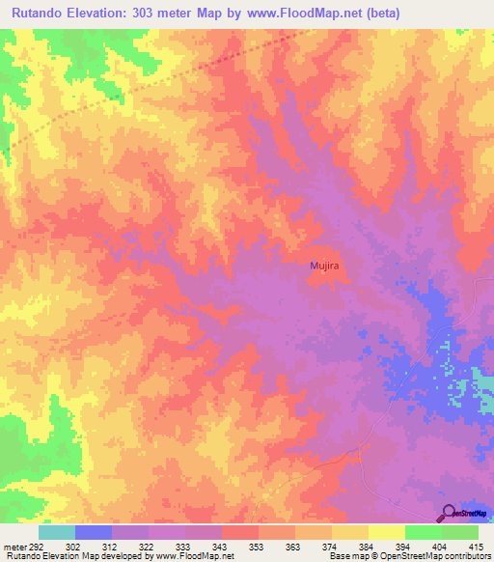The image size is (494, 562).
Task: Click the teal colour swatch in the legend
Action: point(57,532)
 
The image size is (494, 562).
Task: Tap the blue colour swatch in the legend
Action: point(94,532)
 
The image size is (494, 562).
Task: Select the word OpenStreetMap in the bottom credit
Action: point(397,556)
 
